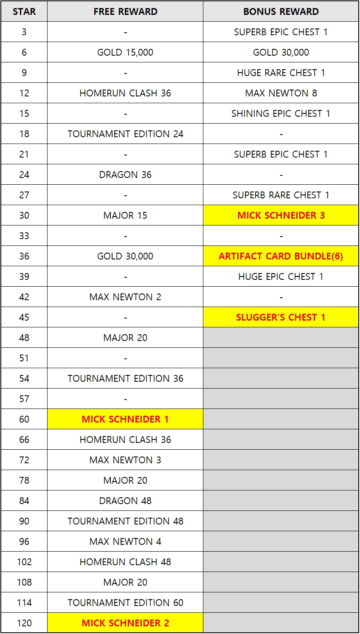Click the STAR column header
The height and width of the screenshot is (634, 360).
click(x=24, y=11)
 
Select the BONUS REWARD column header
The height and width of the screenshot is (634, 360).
click(x=281, y=11)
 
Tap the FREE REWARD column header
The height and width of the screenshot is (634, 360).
click(x=125, y=11)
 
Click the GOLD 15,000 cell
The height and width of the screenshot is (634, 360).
click(x=125, y=52)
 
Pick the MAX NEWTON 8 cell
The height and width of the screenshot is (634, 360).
click(x=281, y=93)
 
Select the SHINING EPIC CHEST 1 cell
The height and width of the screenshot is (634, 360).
click(x=281, y=113)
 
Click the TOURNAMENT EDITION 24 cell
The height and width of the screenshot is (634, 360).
click(x=125, y=134)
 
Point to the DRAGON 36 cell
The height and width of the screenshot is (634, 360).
click(x=125, y=175)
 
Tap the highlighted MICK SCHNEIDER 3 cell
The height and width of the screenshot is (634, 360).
click(x=281, y=215)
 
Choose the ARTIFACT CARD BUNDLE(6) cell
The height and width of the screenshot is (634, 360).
click(x=281, y=256)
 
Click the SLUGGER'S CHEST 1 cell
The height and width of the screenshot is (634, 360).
click(x=281, y=317)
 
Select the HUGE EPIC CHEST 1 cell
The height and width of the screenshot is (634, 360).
click(x=281, y=276)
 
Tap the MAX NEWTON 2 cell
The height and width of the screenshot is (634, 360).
click(x=125, y=297)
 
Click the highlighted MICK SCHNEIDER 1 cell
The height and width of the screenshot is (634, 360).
click(x=125, y=419)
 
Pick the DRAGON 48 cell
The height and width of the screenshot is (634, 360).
click(x=125, y=501)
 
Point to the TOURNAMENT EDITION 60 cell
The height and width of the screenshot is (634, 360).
click(x=125, y=603)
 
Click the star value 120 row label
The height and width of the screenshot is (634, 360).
click(x=24, y=623)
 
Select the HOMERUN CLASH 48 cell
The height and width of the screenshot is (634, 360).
click(x=125, y=562)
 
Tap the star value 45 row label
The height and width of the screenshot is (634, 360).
click(x=24, y=317)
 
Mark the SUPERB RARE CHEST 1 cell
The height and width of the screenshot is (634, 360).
click(x=281, y=195)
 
